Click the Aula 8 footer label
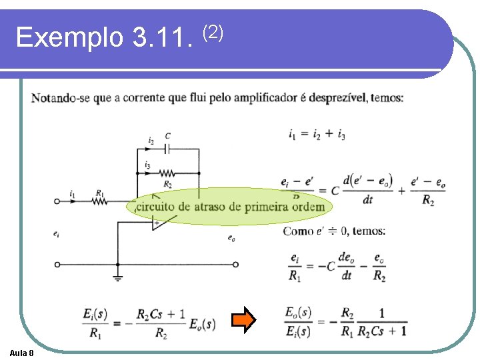click(23, 352)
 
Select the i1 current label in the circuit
click(72, 194)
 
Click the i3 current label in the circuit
click(147, 165)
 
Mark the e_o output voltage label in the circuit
click(231, 238)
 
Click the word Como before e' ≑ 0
click(295, 231)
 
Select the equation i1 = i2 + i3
click(317, 135)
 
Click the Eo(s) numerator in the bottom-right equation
click(298, 311)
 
